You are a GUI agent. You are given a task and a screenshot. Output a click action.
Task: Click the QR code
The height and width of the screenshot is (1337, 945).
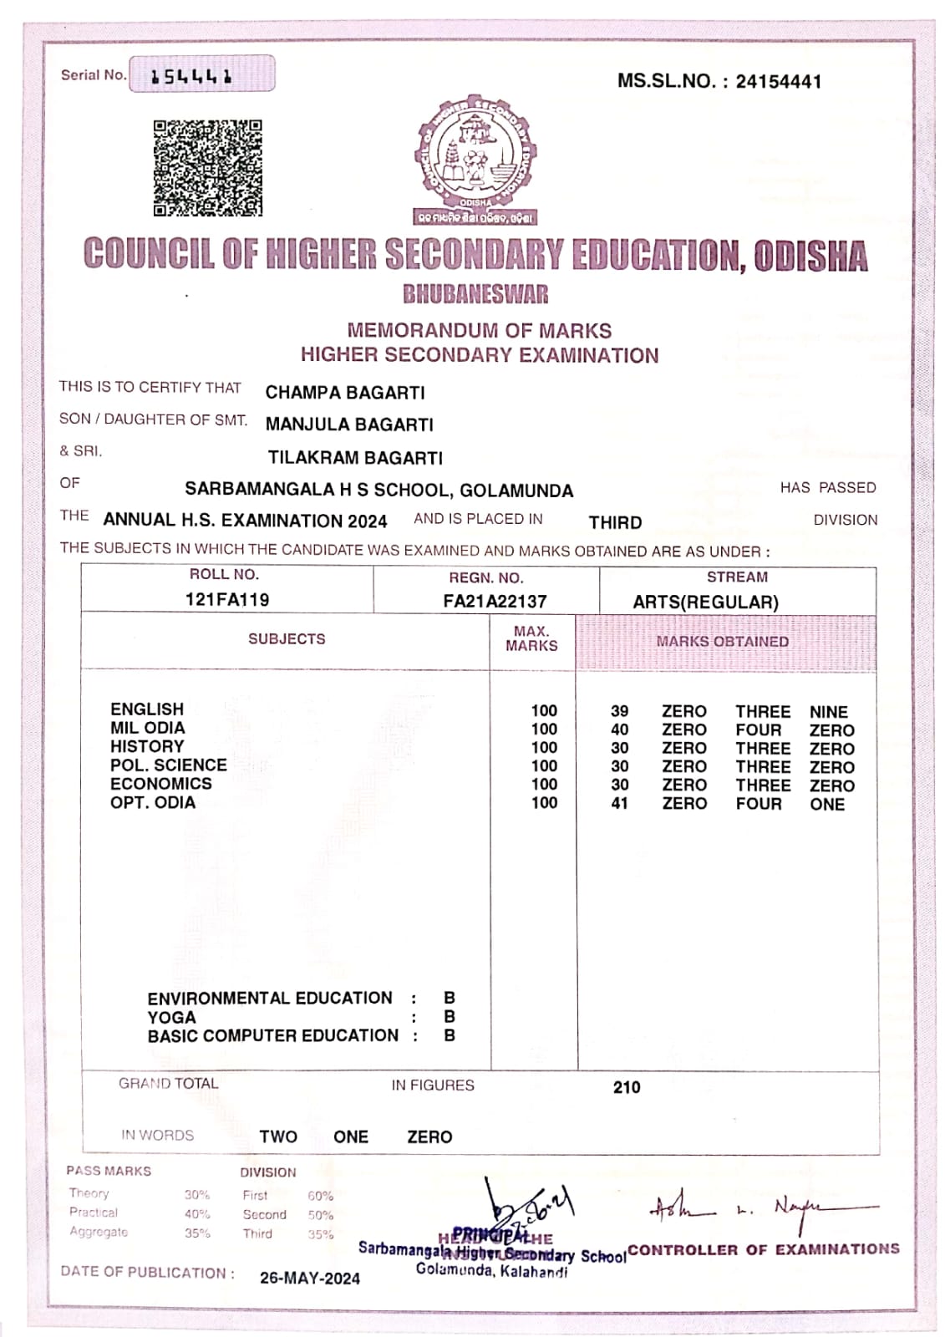pyautogui.click(x=207, y=168)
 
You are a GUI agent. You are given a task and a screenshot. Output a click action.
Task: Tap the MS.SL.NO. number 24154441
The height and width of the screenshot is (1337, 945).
pyautogui.click(x=778, y=82)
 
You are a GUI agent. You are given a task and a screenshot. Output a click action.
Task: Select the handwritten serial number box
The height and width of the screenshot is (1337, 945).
pyautogui.click(x=201, y=74)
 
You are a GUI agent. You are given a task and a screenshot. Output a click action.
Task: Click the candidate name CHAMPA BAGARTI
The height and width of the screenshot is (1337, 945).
pyautogui.click(x=345, y=393)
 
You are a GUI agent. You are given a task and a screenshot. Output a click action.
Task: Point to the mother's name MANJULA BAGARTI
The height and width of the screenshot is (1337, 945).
pyautogui.click(x=349, y=424)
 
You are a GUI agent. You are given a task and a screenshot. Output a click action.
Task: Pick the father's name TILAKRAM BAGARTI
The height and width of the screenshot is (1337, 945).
pyautogui.click(x=355, y=458)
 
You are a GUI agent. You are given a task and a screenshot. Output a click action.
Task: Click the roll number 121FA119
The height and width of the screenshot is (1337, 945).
pyautogui.click(x=227, y=599)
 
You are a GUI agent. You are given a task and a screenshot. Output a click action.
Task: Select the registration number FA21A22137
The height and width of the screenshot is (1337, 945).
pyautogui.click(x=495, y=601)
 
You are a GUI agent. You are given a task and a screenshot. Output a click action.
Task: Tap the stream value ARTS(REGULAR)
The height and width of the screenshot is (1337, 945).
pyautogui.click(x=705, y=602)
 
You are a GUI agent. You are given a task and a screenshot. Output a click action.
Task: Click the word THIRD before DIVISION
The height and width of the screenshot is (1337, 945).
pyautogui.click(x=615, y=522)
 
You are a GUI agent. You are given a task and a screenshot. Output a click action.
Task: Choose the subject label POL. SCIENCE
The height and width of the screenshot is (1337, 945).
pyautogui.click(x=169, y=765)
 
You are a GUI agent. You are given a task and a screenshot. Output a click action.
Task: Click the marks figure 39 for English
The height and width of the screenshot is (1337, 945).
pyautogui.click(x=619, y=711)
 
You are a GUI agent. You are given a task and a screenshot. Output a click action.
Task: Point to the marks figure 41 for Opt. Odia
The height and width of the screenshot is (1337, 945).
pyautogui.click(x=619, y=803)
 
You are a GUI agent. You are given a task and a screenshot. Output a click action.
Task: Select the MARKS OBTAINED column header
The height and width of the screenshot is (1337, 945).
pyautogui.click(x=722, y=642)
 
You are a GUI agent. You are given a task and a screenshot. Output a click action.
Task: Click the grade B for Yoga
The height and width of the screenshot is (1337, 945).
pyautogui.click(x=450, y=1017)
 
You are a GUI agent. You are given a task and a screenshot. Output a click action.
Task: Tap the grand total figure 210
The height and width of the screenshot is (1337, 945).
pyautogui.click(x=627, y=1087)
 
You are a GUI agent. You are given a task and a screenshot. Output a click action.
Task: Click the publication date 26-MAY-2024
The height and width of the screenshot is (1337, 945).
pyautogui.click(x=310, y=1278)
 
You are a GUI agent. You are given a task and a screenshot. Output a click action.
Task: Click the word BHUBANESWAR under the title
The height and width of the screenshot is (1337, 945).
pyautogui.click(x=475, y=294)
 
